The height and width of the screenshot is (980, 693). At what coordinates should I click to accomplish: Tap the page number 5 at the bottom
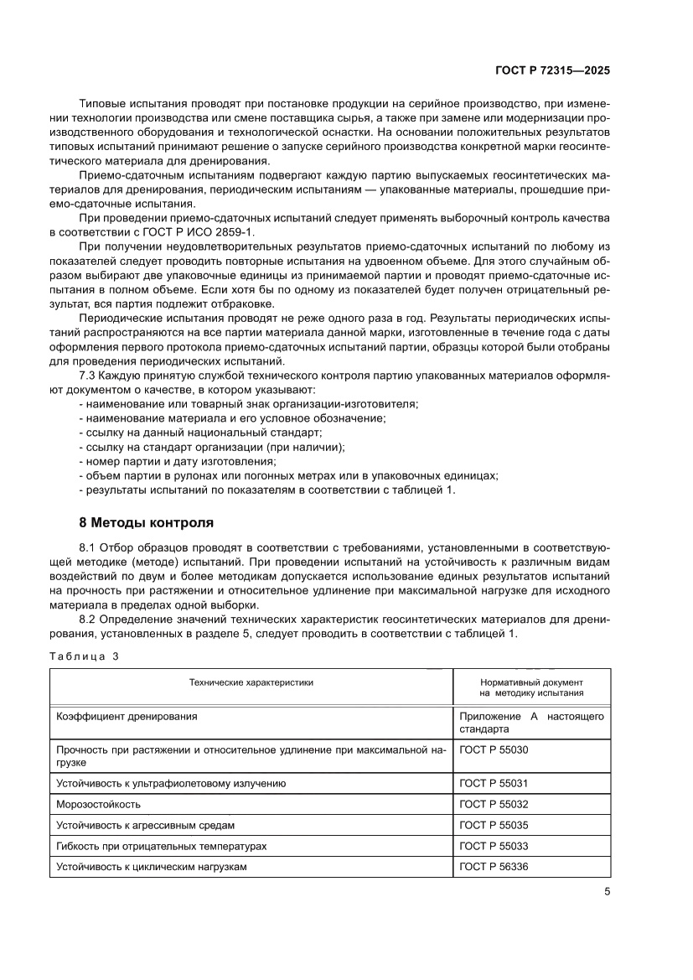[x=606, y=892]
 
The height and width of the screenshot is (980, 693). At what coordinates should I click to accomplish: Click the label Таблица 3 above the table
[x=85, y=656]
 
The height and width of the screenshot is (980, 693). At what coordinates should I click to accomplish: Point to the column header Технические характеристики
[x=251, y=682]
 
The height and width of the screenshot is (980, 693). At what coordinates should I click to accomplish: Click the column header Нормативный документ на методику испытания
[x=531, y=687]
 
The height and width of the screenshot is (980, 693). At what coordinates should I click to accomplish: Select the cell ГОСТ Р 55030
[x=494, y=750]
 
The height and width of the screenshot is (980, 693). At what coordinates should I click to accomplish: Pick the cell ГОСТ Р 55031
[x=494, y=784]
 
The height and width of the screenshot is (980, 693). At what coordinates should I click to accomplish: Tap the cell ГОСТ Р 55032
[x=494, y=804]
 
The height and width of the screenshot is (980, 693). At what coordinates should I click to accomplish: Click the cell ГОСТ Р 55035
[x=494, y=825]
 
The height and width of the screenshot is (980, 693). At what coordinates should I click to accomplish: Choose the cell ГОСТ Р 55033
[x=494, y=846]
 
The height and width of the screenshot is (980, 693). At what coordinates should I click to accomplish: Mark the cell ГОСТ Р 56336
[x=494, y=867]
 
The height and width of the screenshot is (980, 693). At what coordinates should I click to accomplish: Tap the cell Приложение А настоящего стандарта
[x=531, y=723]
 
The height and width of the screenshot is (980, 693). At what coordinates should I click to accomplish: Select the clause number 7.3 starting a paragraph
[x=88, y=378]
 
